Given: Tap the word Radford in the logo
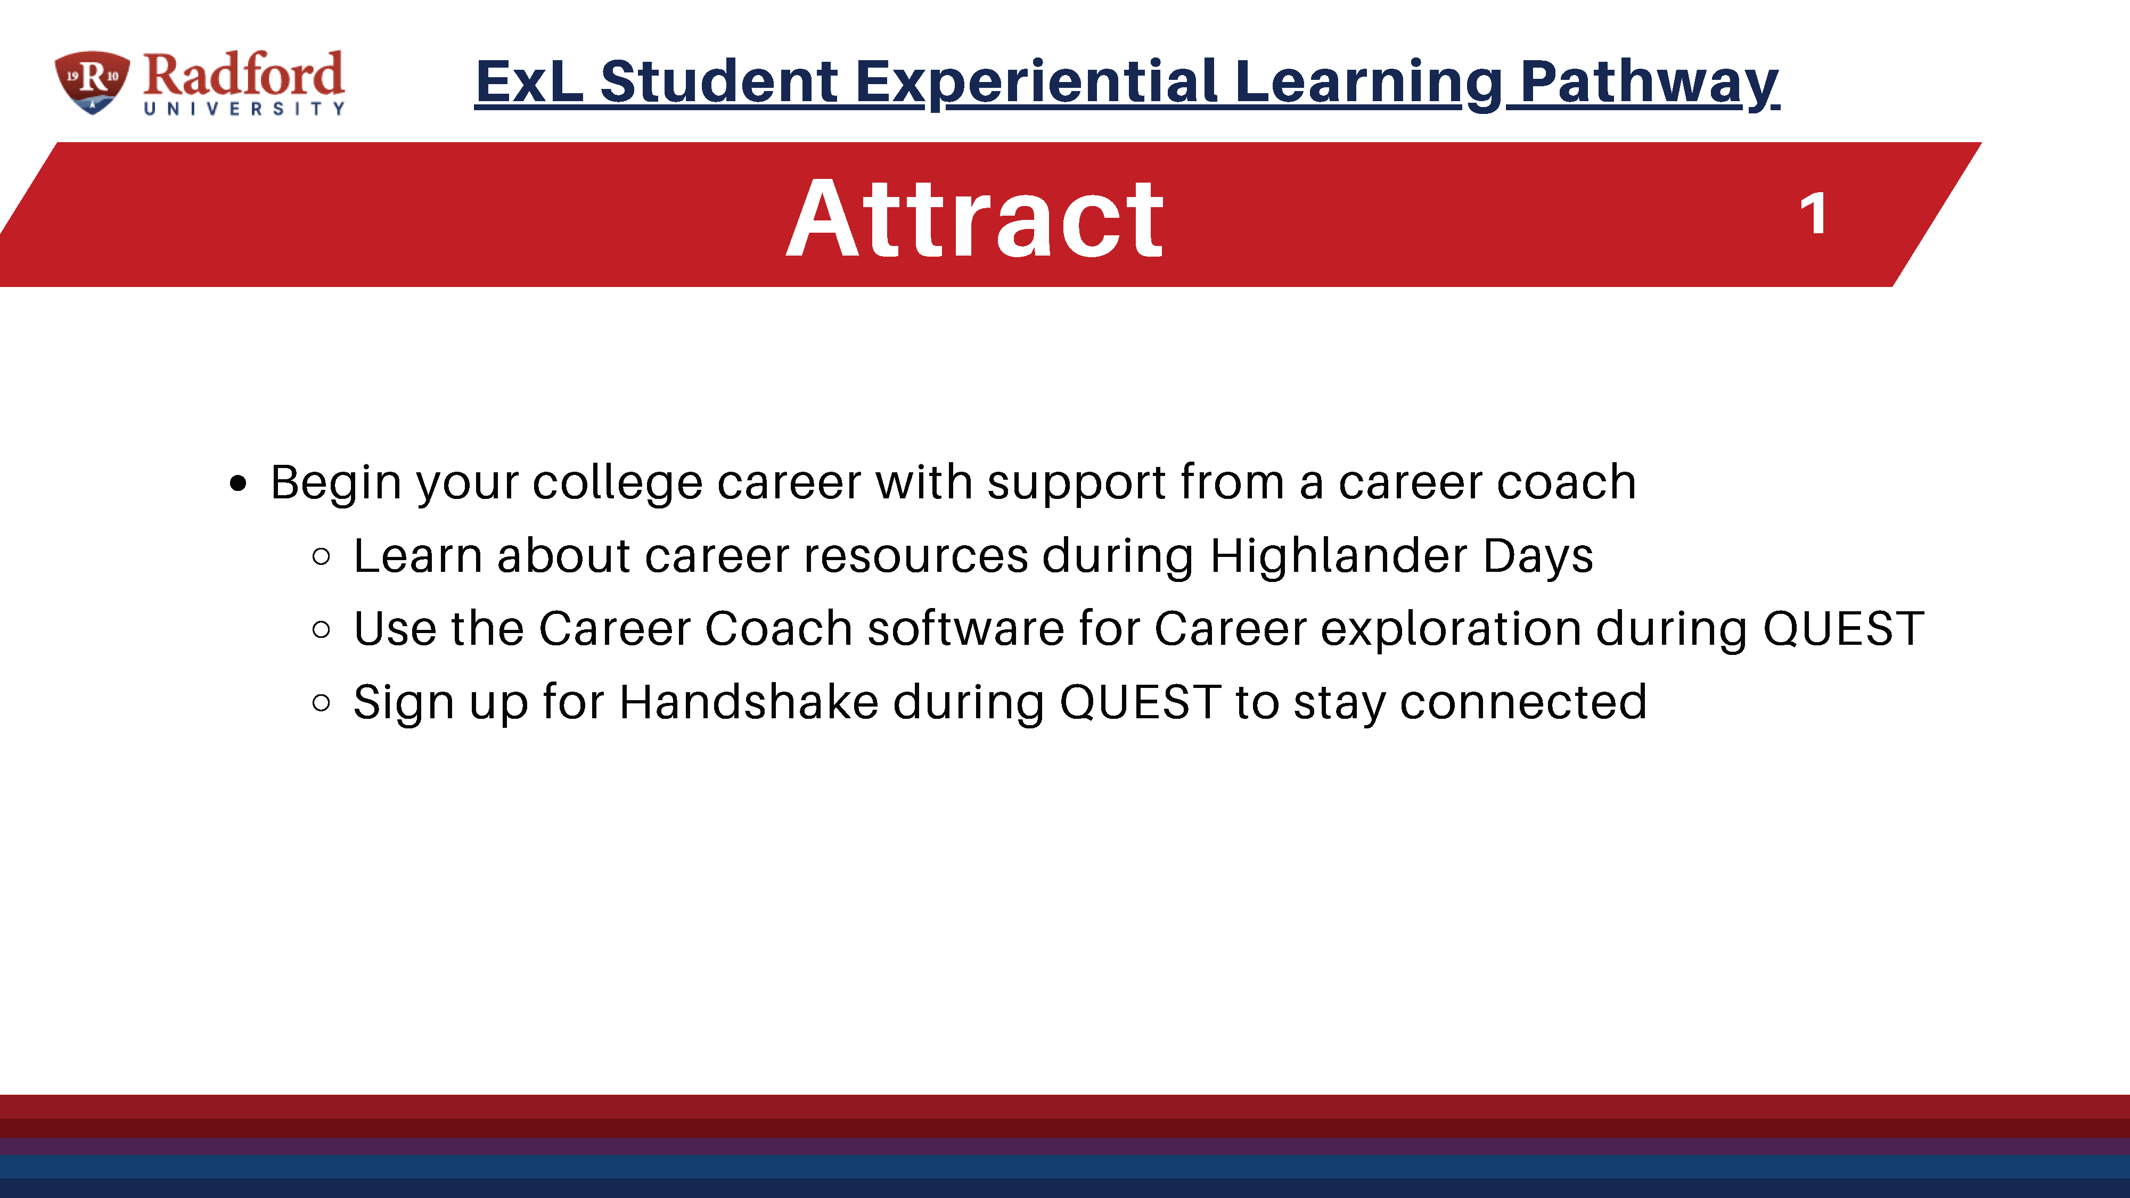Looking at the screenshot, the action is pyautogui.click(x=243, y=75).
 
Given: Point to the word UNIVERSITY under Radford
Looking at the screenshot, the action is pyautogui.click(x=244, y=108).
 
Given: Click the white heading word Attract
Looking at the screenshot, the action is pyautogui.click(x=975, y=218).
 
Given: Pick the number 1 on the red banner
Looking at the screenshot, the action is pyautogui.click(x=1813, y=214).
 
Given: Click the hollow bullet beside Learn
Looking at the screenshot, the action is pyautogui.click(x=322, y=556).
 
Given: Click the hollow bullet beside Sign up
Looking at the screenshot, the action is pyautogui.click(x=322, y=703).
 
